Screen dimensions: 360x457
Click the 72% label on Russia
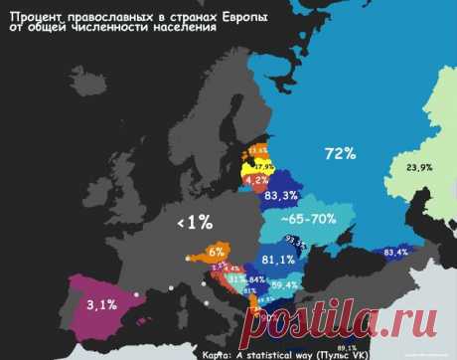[x=339, y=154]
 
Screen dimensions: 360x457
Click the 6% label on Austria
[x=217, y=254]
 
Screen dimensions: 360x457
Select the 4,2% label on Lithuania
[x=256, y=181]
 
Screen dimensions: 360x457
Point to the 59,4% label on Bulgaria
[x=284, y=285]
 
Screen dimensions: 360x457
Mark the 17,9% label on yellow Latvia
[x=263, y=165]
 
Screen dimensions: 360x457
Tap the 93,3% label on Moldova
[x=295, y=241]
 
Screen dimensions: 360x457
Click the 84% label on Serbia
[x=256, y=280]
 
